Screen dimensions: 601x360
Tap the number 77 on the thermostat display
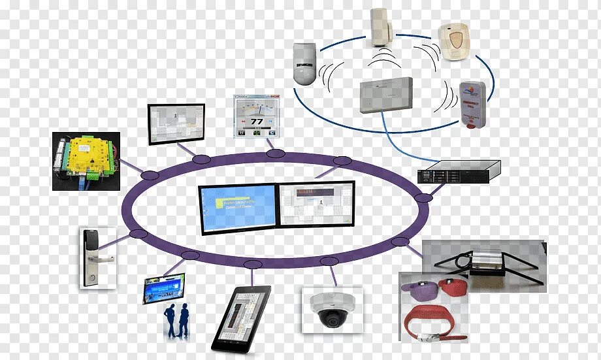click(x=257, y=122)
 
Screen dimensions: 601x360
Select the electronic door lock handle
click(x=97, y=257)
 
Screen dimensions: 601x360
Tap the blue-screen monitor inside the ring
click(x=239, y=208)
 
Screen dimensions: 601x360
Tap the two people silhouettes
click(x=176, y=321)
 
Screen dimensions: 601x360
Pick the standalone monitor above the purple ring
click(x=176, y=123)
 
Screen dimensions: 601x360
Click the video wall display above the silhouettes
click(x=164, y=287)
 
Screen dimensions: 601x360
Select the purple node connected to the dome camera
click(x=329, y=261)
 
